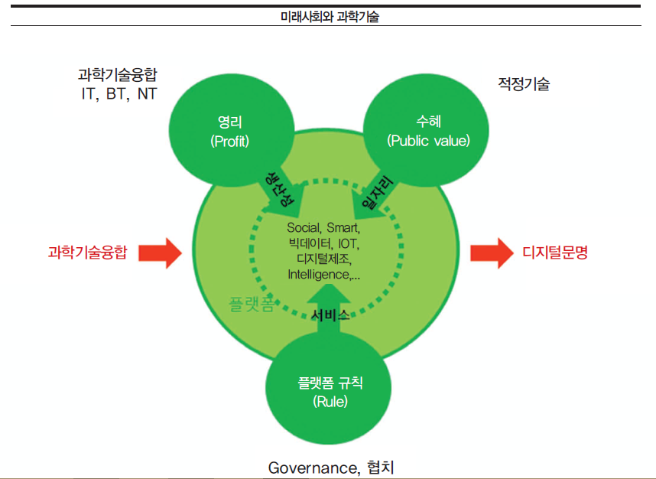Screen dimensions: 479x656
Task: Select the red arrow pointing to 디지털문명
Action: (x=490, y=252)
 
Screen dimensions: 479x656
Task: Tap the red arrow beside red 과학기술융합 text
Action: (x=160, y=252)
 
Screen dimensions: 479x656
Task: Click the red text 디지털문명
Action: (x=555, y=252)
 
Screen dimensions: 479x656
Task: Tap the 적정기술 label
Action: (x=523, y=85)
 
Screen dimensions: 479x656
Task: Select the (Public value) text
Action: (x=428, y=141)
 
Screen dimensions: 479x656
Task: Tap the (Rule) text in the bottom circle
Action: (x=330, y=402)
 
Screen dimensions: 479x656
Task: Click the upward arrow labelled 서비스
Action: (x=330, y=306)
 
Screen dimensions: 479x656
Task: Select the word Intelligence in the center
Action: (x=317, y=273)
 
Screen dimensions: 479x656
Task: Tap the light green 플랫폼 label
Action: (x=250, y=305)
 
